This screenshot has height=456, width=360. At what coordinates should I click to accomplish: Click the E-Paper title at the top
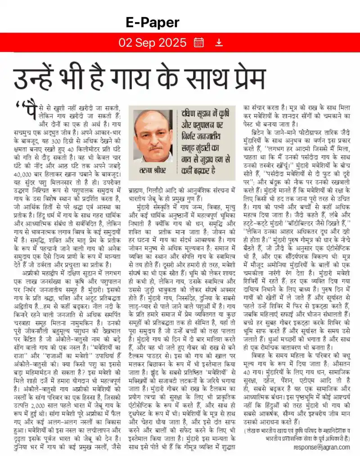pos(153,22)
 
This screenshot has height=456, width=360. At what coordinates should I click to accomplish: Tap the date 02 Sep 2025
pos(152,43)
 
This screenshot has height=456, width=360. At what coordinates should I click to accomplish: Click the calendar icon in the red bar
pos(198,43)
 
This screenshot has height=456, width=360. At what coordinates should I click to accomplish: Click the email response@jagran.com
pos(322,447)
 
